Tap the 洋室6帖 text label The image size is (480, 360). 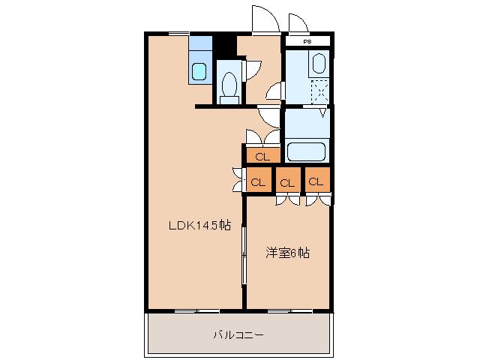click(x=288, y=253)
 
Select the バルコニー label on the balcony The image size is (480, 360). click(x=238, y=334)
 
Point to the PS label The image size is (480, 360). click(x=307, y=42)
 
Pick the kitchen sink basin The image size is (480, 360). click(x=199, y=72)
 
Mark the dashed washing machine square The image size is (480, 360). click(x=320, y=91)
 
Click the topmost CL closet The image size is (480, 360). click(x=261, y=156)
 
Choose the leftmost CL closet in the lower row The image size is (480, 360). click(x=257, y=181)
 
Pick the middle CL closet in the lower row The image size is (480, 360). click(x=286, y=181)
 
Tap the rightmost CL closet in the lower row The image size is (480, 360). click(x=316, y=181)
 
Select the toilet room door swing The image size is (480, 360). click(x=253, y=68)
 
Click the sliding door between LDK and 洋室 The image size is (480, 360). click(x=244, y=255)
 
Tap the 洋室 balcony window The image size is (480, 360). click(x=289, y=310)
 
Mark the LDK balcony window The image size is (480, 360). click(x=196, y=310)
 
